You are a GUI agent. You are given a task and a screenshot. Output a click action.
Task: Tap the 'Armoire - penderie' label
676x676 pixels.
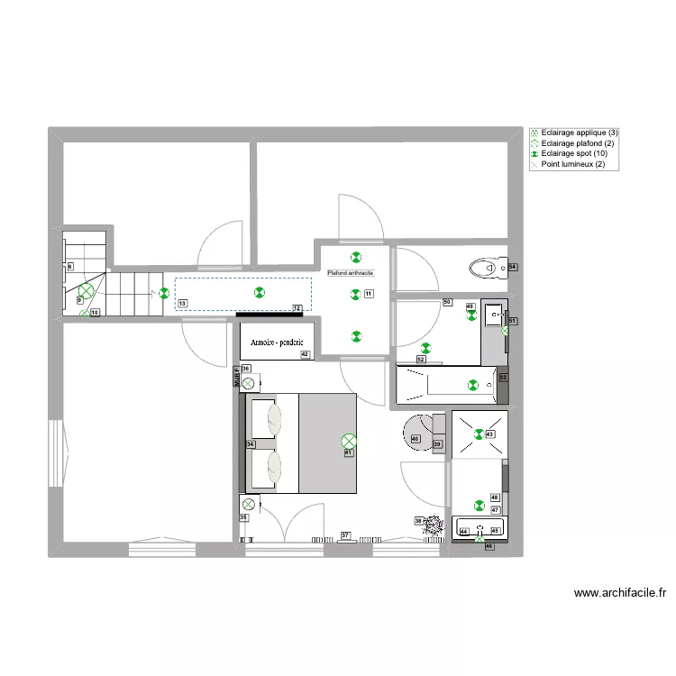[x=276, y=342]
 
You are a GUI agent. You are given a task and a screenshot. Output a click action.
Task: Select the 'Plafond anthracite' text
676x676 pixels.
[x=351, y=272]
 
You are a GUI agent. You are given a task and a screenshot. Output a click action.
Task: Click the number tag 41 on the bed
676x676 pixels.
[x=348, y=453]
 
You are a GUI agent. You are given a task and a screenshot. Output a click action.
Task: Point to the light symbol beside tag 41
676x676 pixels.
[x=349, y=441]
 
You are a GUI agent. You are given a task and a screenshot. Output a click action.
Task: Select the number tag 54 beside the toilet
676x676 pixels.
[x=513, y=268]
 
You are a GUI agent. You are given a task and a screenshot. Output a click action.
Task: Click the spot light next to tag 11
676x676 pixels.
[x=355, y=293]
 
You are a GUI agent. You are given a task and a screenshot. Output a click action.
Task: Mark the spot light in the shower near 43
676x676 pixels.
[x=479, y=434]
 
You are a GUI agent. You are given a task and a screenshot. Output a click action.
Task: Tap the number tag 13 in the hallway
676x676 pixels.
[x=183, y=305]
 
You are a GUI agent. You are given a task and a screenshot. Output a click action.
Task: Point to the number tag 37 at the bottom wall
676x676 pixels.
[x=345, y=536]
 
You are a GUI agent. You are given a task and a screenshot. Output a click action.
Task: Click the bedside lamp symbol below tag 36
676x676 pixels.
[x=248, y=384]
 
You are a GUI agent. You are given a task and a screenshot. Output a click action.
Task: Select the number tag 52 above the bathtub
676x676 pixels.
[x=421, y=360]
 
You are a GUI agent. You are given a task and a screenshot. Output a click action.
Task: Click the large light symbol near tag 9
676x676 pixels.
[x=86, y=291]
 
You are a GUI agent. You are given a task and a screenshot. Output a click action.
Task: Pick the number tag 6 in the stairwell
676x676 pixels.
[x=70, y=267]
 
